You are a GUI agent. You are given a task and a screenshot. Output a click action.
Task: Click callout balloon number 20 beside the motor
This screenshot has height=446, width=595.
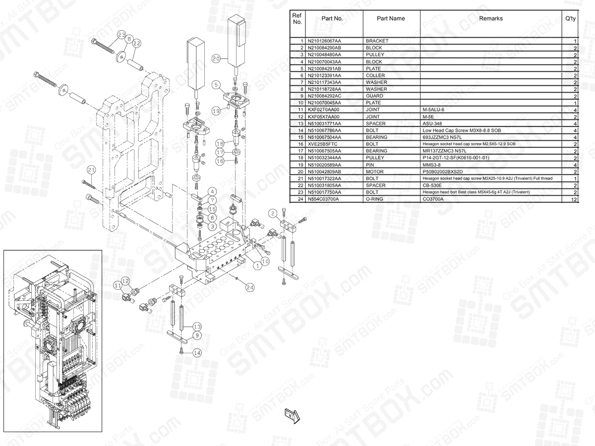coord(216,58)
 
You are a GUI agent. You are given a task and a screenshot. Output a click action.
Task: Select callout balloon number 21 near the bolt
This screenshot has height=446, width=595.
coord(90,170)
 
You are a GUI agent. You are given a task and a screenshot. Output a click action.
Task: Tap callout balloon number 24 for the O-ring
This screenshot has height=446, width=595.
coord(250,287)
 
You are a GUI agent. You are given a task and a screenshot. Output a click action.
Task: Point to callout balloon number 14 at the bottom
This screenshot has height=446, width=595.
coord(197,353)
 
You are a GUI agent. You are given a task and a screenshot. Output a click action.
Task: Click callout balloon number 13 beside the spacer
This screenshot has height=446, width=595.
coord(197,327)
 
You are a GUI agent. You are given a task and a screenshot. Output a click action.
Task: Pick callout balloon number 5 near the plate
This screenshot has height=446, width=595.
coord(216,85)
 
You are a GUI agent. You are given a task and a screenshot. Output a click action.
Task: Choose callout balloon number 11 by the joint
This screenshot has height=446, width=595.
coord(118,285)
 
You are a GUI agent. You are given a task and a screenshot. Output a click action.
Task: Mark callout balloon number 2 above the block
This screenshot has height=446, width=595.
coord(273,213)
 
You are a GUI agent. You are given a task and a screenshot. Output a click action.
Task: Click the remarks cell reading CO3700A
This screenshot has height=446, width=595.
coord(433,199)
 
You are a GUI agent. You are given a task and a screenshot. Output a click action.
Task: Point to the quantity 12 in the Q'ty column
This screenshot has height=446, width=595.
coord(574,199)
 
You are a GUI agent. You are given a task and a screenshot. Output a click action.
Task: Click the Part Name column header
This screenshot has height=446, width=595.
coord(391,19)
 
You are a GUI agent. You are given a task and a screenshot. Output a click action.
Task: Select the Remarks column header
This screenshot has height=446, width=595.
coord(490,19)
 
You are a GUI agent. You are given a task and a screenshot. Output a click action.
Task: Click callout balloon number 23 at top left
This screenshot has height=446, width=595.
coord(121,35)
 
